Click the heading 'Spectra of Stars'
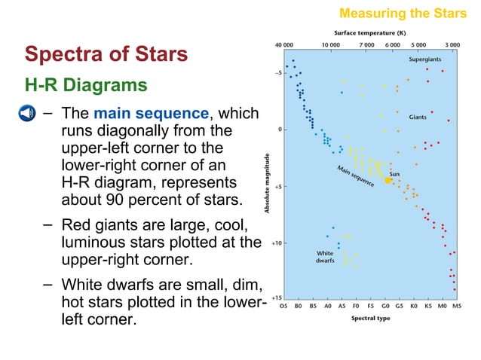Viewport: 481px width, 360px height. coord(106,54)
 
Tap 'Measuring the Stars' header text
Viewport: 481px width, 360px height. coord(403,13)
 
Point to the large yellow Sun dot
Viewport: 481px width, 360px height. coord(388,180)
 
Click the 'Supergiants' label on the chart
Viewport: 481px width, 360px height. coord(425,59)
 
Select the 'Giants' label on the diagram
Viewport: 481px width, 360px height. coord(418,117)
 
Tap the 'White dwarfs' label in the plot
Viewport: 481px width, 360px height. coord(324,258)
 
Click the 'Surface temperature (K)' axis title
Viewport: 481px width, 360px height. coord(370,33)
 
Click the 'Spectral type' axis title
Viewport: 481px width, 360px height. coord(369,318)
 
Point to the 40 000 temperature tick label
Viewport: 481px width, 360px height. coord(284,45)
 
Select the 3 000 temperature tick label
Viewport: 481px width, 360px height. coord(452,45)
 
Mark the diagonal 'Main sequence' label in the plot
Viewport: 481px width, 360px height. coord(356,176)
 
